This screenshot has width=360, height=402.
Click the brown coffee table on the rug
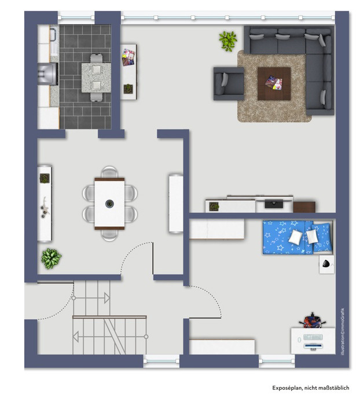pos(274,83)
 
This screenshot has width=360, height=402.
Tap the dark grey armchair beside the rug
pos(229,83)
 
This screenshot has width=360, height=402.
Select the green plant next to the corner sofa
pos(228,40)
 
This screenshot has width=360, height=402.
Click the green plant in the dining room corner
pos(51,259)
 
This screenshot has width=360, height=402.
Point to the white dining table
pos(109,204)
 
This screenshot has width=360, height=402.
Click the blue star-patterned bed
pos(297,237)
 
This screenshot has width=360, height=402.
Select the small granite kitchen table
pos(96,78)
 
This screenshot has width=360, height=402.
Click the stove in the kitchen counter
pos(47,74)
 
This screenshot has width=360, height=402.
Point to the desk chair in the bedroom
pos(313,320)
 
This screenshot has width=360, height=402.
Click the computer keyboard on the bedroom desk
pos(313,337)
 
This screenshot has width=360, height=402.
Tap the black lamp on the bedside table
pos(326,264)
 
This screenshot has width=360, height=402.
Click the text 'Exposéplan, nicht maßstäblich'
pos(311,388)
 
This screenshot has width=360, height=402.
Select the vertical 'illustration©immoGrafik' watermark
pos(343,331)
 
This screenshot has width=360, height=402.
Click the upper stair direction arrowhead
pos(107,298)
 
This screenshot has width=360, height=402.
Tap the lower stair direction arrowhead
pos(76,337)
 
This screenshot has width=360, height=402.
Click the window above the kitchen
pos(76,17)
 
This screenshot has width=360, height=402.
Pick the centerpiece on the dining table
pos(109,204)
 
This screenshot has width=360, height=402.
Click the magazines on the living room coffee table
pos(274,83)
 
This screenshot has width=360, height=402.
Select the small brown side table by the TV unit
pos(304,207)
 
